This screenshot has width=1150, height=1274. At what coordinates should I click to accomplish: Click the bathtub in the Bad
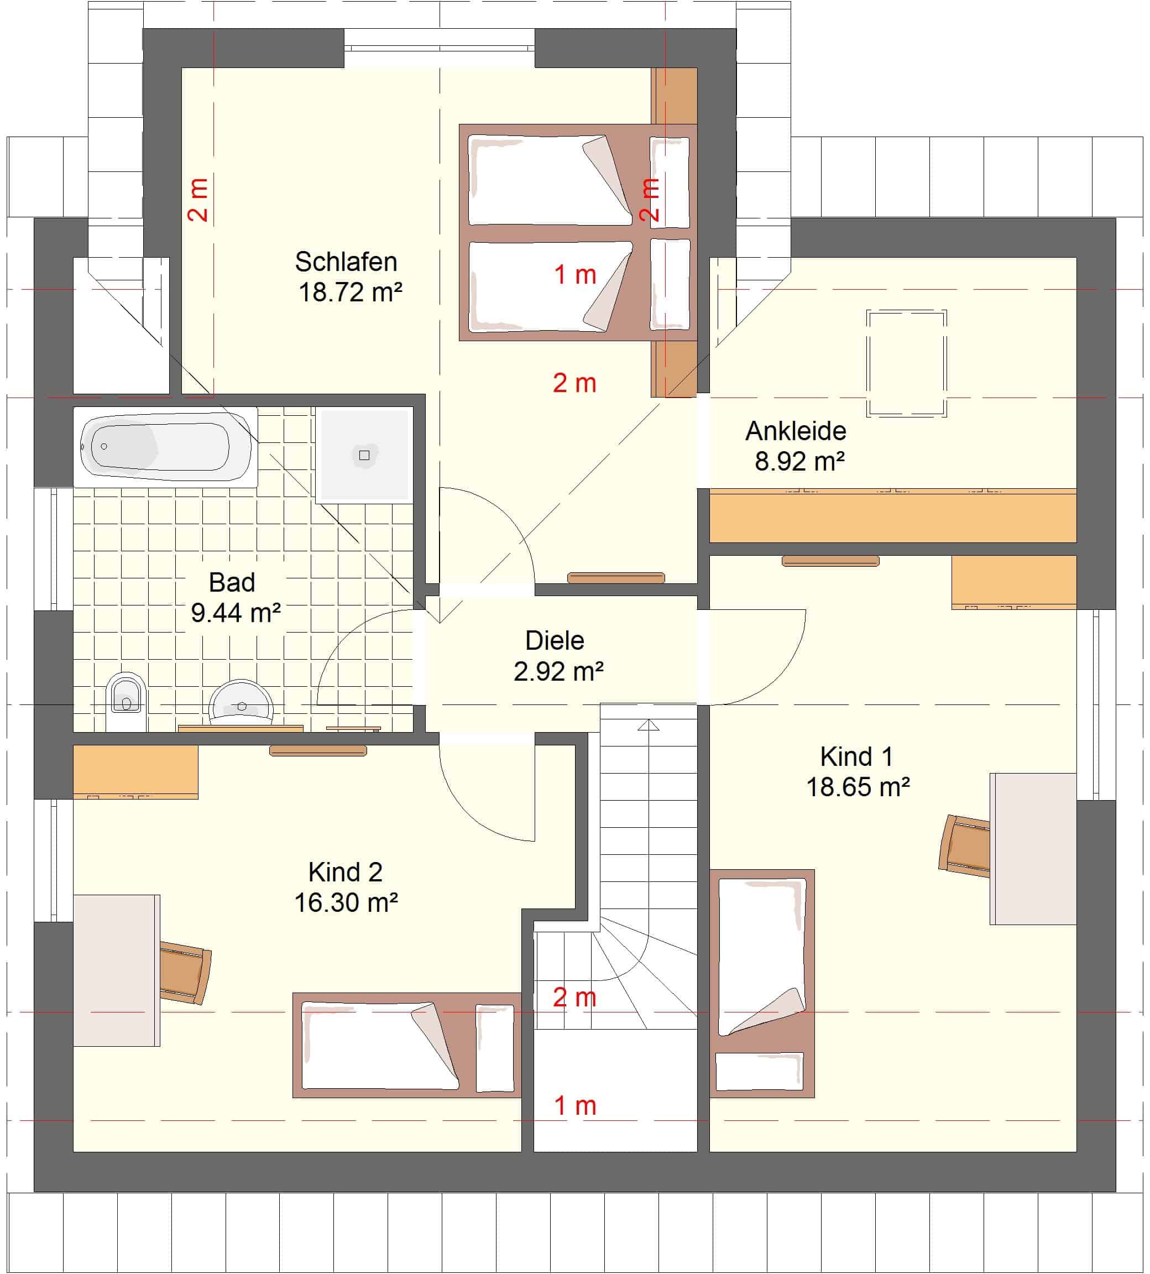pyautogui.click(x=165, y=447)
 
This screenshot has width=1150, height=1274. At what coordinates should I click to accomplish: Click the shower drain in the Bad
pyautogui.click(x=364, y=455)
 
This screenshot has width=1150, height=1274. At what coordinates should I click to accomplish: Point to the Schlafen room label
pyautogui.click(x=346, y=262)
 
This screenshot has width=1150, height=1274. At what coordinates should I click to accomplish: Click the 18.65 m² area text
pyautogui.click(x=858, y=787)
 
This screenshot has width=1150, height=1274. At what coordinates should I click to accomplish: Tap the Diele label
pyautogui.click(x=555, y=641)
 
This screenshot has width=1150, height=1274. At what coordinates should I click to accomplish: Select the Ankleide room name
pyautogui.click(x=796, y=431)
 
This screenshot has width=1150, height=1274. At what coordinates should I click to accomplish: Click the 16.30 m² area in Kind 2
pyautogui.click(x=346, y=903)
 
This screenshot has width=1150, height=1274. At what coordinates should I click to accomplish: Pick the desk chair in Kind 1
pyautogui.click(x=964, y=846)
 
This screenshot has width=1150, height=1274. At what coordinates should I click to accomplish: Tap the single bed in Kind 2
pyautogui.click(x=407, y=1045)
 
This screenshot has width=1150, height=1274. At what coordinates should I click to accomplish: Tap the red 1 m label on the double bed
pyautogui.click(x=575, y=275)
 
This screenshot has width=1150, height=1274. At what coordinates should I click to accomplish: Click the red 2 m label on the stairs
pyautogui.click(x=574, y=998)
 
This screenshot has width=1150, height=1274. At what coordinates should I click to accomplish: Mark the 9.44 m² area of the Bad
pyautogui.click(x=236, y=613)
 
